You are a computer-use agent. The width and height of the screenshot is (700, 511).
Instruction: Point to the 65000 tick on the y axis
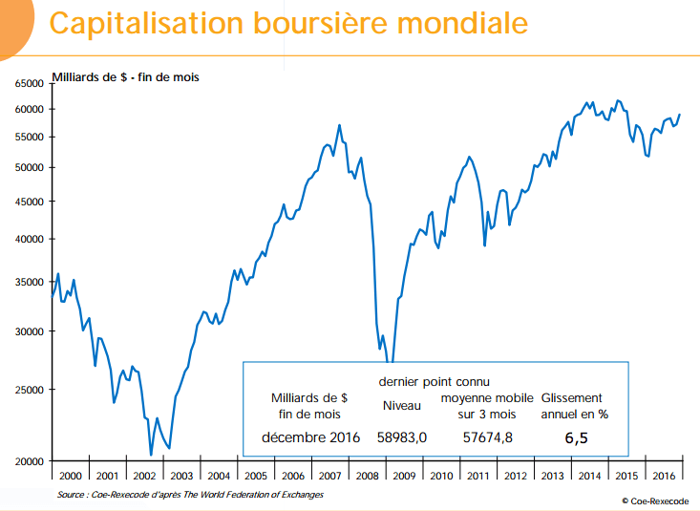[x=30, y=84]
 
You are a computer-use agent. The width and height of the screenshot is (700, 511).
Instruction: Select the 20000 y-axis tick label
[x=30, y=461]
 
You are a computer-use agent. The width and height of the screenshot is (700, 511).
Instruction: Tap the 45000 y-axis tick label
[x=30, y=202]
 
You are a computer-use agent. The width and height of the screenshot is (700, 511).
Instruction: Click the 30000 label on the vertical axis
[x=30, y=331]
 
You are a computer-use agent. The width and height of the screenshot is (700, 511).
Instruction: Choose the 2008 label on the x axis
[x=367, y=475]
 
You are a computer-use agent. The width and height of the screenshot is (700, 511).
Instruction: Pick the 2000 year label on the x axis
[x=71, y=475]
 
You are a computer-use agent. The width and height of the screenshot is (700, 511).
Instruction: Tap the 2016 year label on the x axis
[x=664, y=475]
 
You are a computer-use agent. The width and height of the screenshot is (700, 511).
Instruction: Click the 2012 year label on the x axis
[x=515, y=475]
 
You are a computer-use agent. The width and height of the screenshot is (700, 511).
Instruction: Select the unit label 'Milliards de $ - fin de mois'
[x=124, y=75]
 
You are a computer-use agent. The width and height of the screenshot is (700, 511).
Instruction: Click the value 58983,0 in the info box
[x=403, y=437]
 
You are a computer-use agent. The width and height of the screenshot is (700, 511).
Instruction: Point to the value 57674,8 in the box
[x=487, y=437]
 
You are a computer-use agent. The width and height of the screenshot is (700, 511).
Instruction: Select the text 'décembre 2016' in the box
[x=310, y=437]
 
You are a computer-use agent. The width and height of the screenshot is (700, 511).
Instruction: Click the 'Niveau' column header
[x=402, y=406]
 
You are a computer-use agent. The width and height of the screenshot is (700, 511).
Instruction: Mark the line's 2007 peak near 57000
[x=339, y=125]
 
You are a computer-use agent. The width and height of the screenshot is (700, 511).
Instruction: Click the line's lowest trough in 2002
[x=151, y=455]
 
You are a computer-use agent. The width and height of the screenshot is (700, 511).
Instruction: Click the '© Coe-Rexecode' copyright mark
[x=653, y=500]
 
